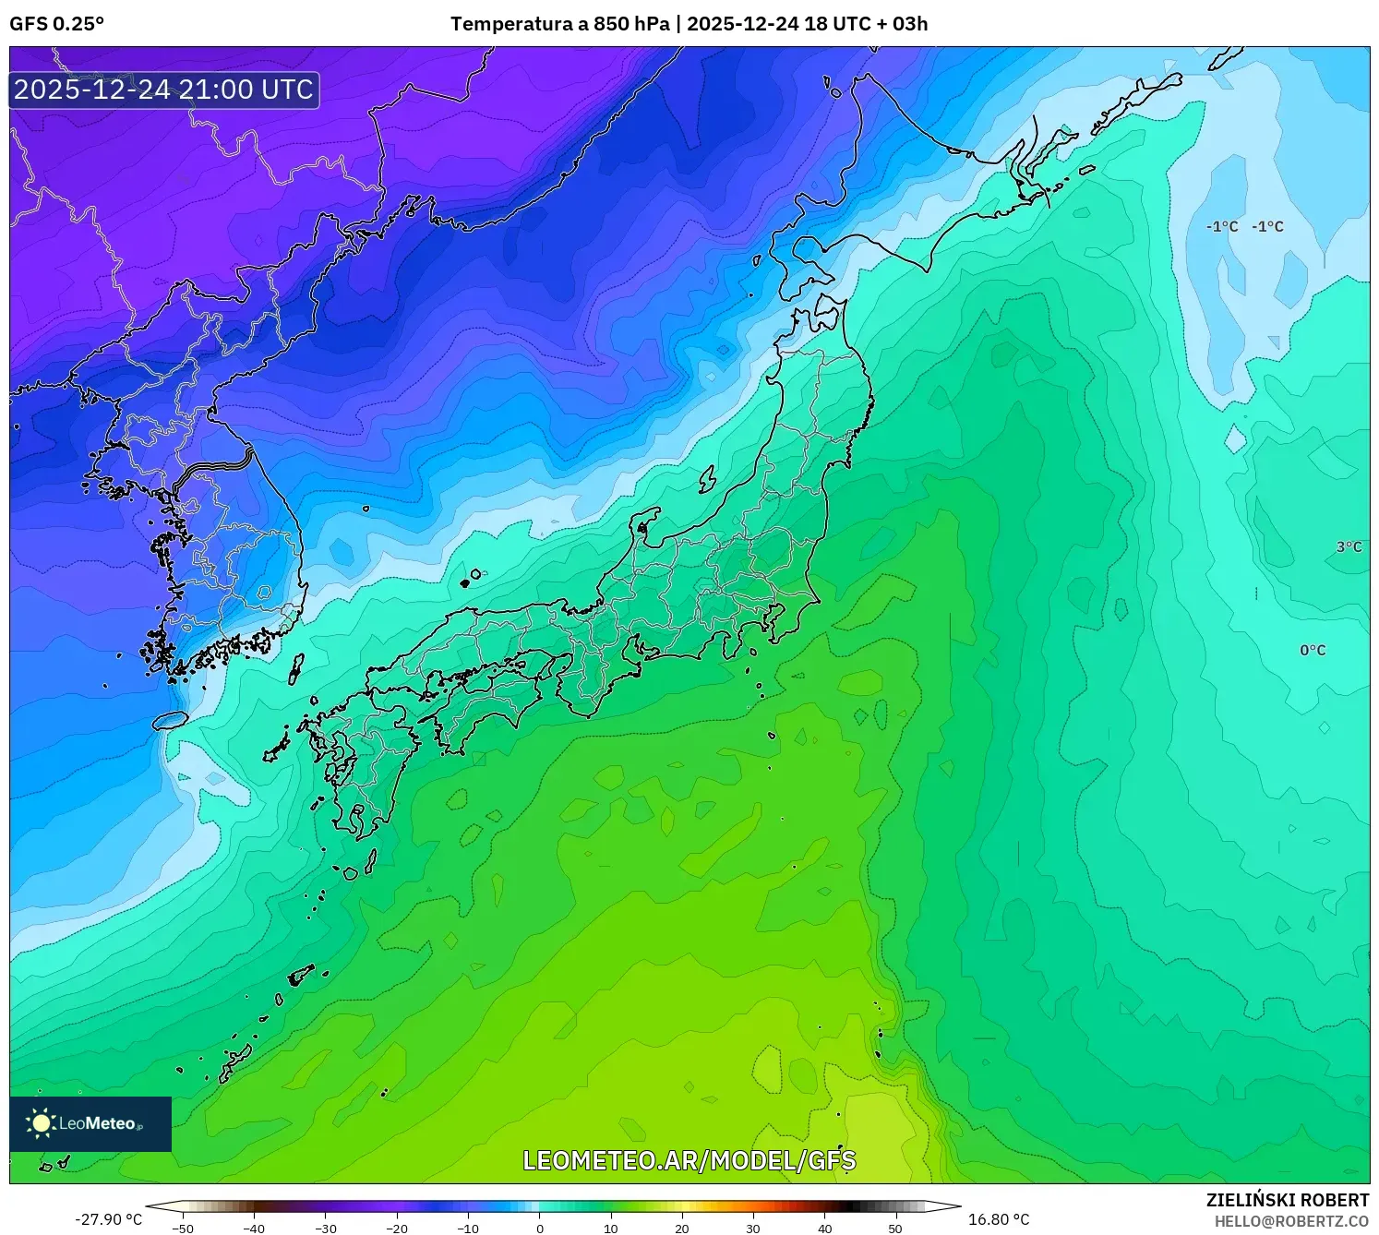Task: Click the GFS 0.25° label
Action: coord(56,24)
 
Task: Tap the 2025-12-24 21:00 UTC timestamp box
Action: coord(164,90)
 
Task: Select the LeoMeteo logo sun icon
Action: coord(42,1123)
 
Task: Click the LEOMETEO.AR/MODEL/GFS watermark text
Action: coord(689,1160)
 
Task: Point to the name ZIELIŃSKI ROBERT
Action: coord(1287,1200)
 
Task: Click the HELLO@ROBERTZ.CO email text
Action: coord(1290,1221)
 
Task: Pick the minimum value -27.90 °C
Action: coord(108,1219)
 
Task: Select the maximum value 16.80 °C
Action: coord(998,1219)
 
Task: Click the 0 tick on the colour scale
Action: coord(540,1228)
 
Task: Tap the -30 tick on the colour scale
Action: coord(325,1228)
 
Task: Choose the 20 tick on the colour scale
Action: coord(682,1228)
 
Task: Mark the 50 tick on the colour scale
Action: coord(895,1228)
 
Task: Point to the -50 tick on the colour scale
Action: coord(183,1228)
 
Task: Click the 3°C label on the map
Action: coord(1349,547)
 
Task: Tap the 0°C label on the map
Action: coord(1313,651)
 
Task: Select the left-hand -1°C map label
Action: coord(1222,227)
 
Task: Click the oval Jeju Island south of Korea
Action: coord(171,720)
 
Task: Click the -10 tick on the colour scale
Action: coord(468,1228)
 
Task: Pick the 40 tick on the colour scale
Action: coord(824,1228)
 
